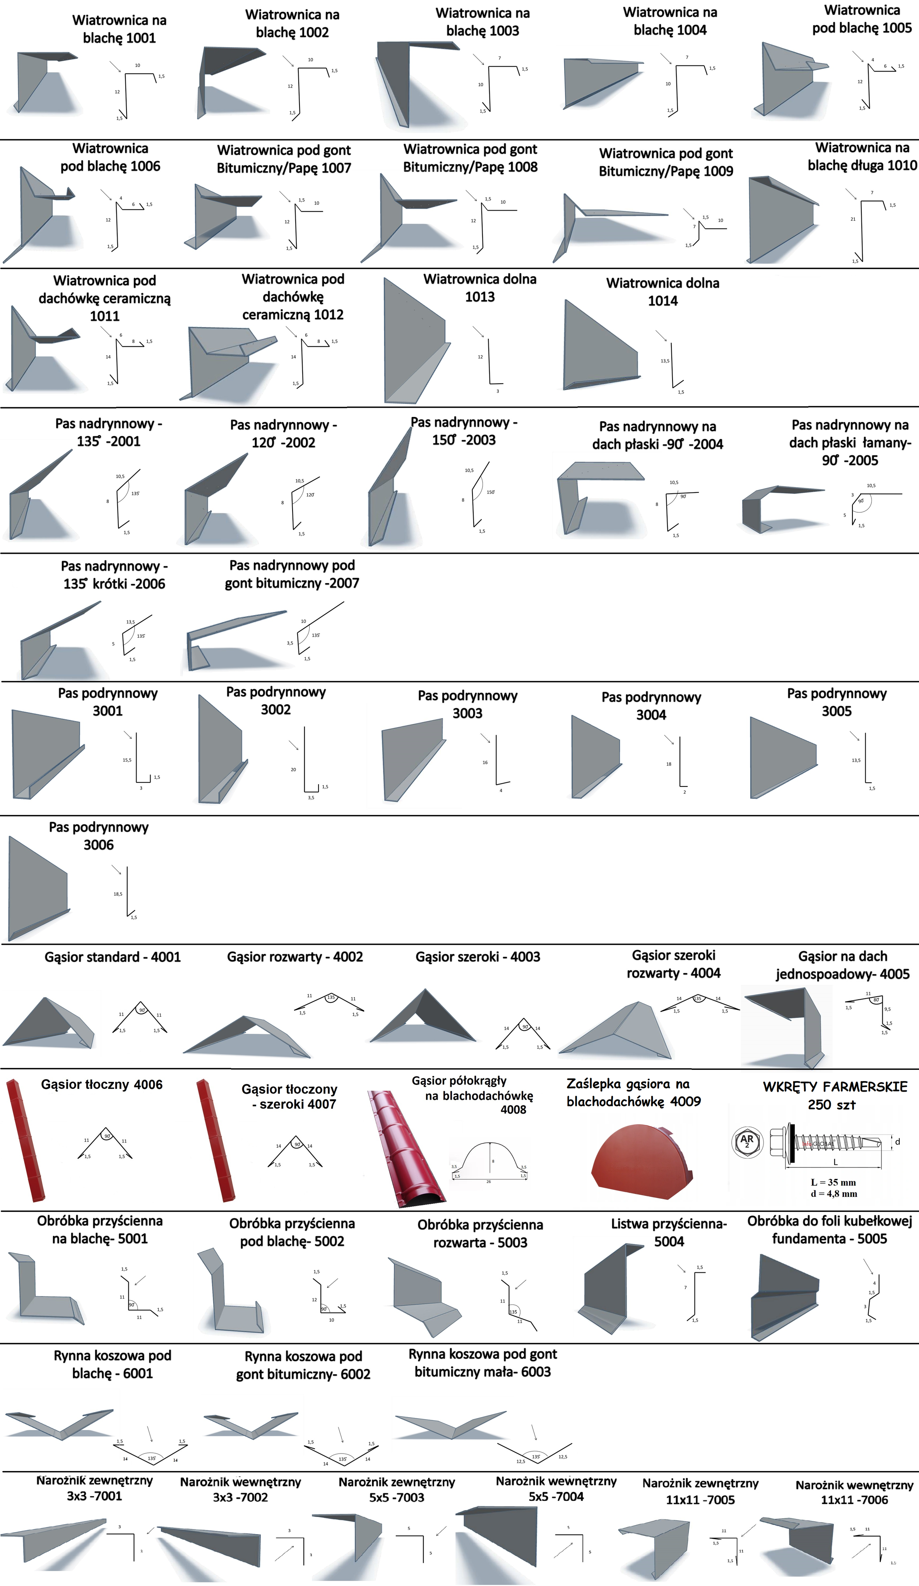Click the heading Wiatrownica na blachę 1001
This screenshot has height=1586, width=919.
coord(120,29)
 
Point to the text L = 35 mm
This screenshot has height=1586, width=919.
coord(833,1182)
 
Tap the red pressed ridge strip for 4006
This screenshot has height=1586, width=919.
coord(25,1139)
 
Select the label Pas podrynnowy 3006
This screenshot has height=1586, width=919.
coord(99,836)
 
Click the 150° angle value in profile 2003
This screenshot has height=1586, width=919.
coord(491,492)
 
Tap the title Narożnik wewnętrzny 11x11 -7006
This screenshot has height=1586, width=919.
coord(854,1492)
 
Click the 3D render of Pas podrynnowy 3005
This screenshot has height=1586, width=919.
coord(783,759)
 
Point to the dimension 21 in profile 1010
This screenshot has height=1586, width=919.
coord(853,219)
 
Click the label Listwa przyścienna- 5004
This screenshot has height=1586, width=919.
coord(669,1233)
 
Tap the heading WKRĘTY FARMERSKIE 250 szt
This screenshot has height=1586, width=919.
coord(835,1095)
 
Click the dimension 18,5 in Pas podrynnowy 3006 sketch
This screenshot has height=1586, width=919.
coord(118,894)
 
